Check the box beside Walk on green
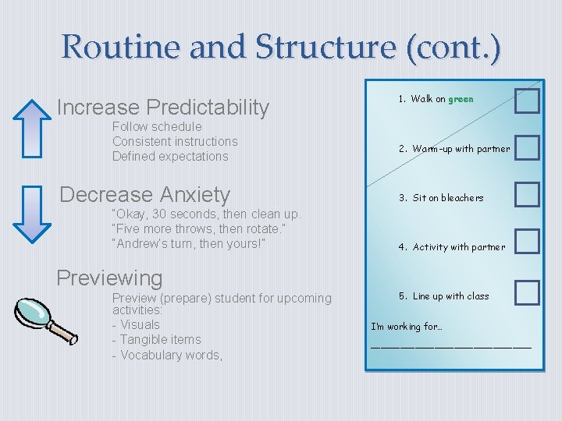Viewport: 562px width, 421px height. point(527,101)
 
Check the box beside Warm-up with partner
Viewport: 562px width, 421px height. point(527,148)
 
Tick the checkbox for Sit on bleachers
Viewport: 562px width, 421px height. point(527,195)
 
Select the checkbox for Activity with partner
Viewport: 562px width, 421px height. point(527,242)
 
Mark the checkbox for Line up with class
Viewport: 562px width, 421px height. point(527,292)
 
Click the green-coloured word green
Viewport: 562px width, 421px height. point(461,99)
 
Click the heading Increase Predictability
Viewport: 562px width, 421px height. point(163,107)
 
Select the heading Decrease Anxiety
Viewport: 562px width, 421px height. point(145,194)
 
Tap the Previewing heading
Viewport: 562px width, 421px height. point(110,278)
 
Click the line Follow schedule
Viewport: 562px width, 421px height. point(157,126)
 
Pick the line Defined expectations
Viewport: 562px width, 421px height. point(170,156)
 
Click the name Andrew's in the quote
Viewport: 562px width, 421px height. point(142,245)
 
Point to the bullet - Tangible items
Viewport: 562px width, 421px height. point(156,339)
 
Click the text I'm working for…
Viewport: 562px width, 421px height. point(407,327)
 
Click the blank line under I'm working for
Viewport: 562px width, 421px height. point(450,345)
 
